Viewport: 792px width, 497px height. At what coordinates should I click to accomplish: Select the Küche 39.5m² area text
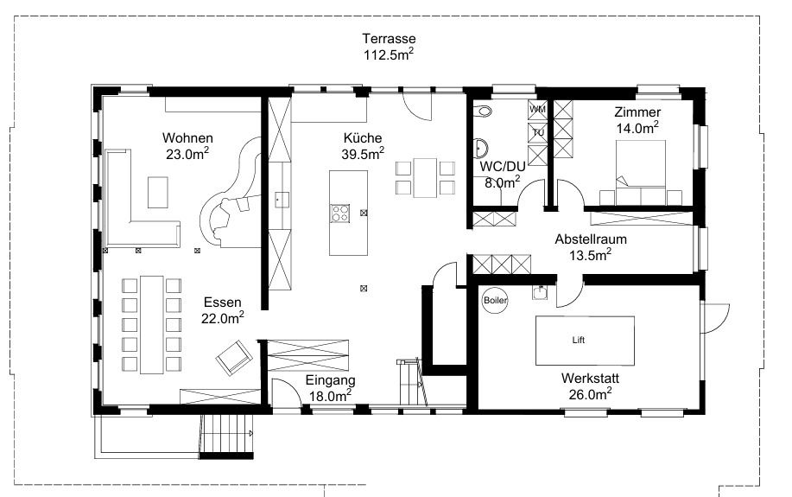pyautogui.click(x=363, y=146)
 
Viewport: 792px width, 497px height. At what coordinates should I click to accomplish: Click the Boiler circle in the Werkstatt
pyautogui.click(x=496, y=299)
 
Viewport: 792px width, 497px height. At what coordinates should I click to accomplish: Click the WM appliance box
pyautogui.click(x=537, y=110)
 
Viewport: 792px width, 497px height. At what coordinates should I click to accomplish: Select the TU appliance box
pyautogui.click(x=537, y=132)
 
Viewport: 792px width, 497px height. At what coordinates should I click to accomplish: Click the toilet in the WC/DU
pyautogui.click(x=484, y=112)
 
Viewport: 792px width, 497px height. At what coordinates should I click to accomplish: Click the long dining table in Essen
pyautogui.click(x=153, y=324)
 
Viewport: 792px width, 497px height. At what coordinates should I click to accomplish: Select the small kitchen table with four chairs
pyautogui.click(x=424, y=176)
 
